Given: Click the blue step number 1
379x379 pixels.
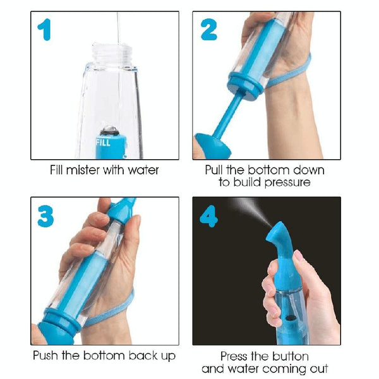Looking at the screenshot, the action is [x=45, y=30].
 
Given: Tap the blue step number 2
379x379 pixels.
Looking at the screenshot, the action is [x=209, y=30].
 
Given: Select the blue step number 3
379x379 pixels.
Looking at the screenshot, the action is [x=45, y=216].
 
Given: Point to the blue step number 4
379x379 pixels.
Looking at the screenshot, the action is [x=209, y=216].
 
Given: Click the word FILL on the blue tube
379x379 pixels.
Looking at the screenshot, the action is [x=103, y=142].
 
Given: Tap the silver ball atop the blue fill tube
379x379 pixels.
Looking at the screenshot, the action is [x=110, y=130].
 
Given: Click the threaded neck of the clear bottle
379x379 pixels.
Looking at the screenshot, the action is [x=112, y=54].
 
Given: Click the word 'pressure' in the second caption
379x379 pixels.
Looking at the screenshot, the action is [x=287, y=183].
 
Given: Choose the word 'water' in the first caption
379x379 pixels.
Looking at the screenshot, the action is [x=143, y=171].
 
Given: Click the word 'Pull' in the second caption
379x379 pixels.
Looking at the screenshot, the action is [x=214, y=170].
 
